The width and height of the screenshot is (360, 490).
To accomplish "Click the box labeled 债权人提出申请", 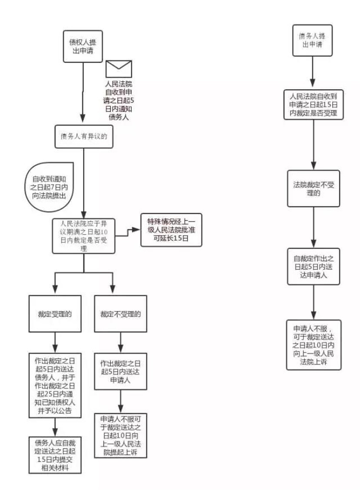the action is point(83,46).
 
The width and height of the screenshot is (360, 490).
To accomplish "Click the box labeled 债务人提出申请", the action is point(312,41).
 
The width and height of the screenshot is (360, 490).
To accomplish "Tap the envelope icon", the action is point(119,69).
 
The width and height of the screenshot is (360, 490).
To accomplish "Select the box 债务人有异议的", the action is point(84,136).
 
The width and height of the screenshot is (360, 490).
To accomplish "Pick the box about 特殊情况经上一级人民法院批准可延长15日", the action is point(171,230).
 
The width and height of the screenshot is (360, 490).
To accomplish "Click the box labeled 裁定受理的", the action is point(55,314).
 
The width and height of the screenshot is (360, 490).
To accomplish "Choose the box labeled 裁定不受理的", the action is point(120,314).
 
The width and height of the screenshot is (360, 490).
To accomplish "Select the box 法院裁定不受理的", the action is point(313,189).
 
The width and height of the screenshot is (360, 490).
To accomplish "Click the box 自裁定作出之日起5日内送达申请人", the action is point(313,267).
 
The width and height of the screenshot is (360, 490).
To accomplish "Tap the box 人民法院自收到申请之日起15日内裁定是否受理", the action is point(313,105).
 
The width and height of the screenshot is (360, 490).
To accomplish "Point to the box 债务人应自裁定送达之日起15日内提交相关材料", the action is point(55,455).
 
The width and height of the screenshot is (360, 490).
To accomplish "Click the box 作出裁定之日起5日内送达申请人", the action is point(120,371).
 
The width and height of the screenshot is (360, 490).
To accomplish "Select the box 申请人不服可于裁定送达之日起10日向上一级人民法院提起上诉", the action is point(120,436).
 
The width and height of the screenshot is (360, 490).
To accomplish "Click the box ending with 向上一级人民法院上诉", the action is point(313,345).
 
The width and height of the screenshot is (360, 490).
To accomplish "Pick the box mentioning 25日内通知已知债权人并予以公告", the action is point(55,386).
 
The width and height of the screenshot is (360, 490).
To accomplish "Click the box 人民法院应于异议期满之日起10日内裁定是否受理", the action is point(83,236).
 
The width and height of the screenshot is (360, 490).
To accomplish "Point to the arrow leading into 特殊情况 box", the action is point(128,232).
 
